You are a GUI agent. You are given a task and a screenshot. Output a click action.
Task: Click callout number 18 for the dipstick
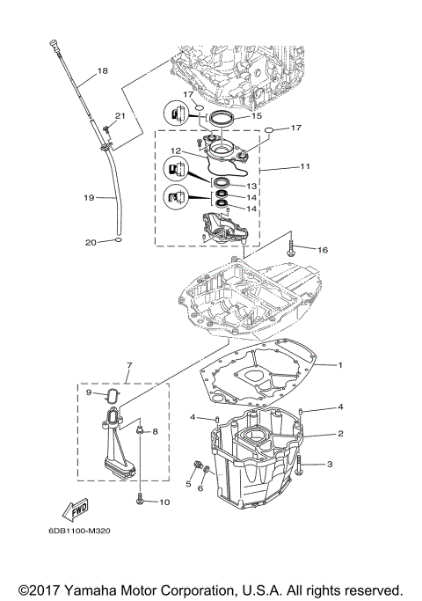coord(103,70)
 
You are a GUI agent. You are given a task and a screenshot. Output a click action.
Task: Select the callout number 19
coord(89,198)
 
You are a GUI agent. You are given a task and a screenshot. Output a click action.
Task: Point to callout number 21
coord(120,116)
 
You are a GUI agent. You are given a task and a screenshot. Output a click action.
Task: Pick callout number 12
coord(177,150)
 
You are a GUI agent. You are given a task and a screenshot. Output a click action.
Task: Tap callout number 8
coord(155,431)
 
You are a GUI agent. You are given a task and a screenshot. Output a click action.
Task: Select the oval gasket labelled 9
coord(113,398)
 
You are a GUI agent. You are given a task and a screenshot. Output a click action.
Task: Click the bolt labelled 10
coord(141,499)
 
